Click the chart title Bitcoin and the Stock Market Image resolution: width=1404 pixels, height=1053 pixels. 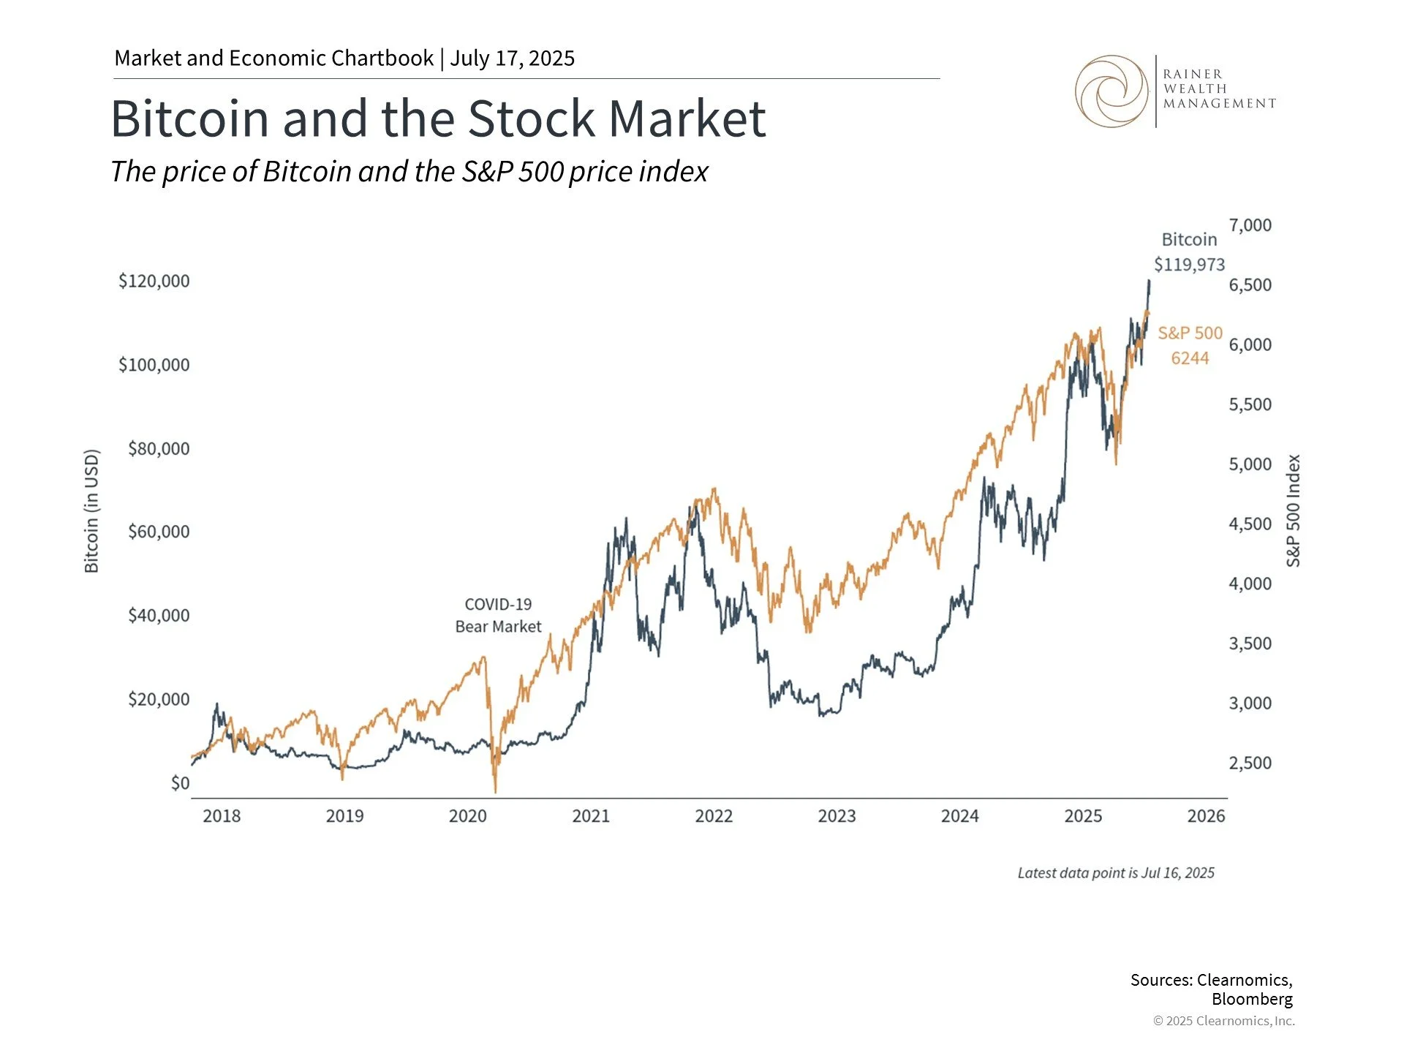click(437, 118)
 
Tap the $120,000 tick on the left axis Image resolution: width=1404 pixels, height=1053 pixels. click(154, 281)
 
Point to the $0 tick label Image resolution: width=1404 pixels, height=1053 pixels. click(180, 783)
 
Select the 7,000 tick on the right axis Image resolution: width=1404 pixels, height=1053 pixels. click(1250, 225)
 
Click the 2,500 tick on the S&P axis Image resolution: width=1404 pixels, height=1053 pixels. click(1250, 763)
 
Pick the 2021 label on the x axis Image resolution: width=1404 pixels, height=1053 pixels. click(590, 816)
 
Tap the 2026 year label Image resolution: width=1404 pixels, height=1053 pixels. click(1206, 816)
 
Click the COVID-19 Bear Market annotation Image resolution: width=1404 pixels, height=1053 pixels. click(498, 615)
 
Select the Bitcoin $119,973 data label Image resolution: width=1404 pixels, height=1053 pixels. click(1189, 252)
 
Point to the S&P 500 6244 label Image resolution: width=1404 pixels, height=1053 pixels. click(1190, 345)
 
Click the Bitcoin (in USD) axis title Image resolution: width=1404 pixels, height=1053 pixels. click(91, 511)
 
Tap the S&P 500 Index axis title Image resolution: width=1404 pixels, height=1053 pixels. click(1294, 510)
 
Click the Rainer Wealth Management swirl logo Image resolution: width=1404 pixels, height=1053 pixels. click(1111, 91)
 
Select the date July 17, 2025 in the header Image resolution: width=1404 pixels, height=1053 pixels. click(512, 58)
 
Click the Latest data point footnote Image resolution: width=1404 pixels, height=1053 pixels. click(1115, 873)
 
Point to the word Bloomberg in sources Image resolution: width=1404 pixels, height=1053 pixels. click(1251, 999)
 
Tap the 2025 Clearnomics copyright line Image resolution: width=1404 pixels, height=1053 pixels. click(1223, 1021)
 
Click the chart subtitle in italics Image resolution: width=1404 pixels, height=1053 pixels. click(409, 172)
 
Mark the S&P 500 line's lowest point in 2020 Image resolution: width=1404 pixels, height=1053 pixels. click(496, 791)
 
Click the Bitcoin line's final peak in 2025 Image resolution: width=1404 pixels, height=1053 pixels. click(1149, 281)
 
